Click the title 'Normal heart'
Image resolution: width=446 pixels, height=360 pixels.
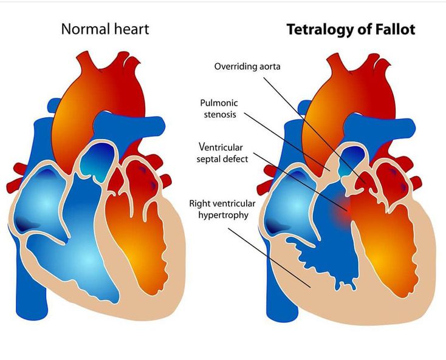click(x=105, y=29)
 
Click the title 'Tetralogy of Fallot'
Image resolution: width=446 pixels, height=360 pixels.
click(x=351, y=29)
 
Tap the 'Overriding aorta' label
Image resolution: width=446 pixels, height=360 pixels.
click(x=247, y=66)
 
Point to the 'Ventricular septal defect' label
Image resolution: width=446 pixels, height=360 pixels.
click(x=223, y=152)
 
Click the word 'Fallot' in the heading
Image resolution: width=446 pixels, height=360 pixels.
click(x=395, y=29)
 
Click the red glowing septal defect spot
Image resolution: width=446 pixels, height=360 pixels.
click(x=345, y=210)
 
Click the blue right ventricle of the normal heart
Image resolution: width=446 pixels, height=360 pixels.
click(x=85, y=255)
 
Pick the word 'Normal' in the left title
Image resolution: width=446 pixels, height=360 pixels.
click(x=82, y=29)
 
